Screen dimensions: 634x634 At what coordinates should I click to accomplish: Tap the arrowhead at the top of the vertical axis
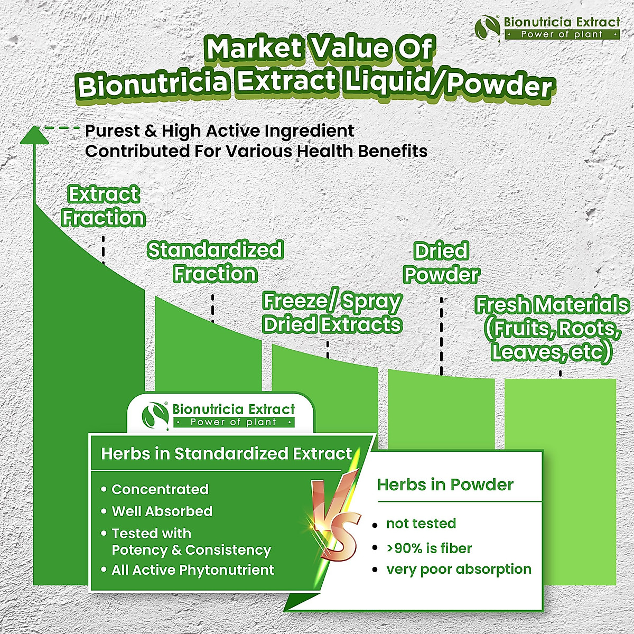coord(34,135)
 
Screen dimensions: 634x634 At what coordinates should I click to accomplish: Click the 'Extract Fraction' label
coord(103,206)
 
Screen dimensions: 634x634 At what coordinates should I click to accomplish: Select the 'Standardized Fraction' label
coord(215,262)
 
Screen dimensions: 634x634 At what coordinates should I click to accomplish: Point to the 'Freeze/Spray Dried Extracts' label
coord(332,312)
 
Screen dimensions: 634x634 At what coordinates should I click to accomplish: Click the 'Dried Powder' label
coord(441,263)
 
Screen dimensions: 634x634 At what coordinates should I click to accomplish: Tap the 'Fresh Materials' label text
coord(552,305)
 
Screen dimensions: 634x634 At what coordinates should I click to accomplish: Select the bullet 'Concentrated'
coord(160,489)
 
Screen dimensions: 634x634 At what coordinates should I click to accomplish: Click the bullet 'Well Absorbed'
coord(162,511)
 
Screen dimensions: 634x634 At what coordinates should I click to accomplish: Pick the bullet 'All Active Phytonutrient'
coord(192,570)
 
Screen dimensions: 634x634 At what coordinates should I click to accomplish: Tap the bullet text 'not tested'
coord(421,524)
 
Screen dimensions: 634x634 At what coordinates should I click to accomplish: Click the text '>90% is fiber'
coord(429,548)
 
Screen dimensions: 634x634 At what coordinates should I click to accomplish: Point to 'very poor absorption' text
coord(459,569)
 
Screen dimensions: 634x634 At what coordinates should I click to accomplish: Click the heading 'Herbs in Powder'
coord(445,484)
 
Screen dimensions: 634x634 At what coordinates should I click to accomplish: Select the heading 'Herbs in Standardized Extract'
coord(226,454)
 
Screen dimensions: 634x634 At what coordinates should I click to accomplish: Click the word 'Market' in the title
coord(254,49)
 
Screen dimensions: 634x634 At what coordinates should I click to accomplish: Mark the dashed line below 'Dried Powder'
coord(442,335)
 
